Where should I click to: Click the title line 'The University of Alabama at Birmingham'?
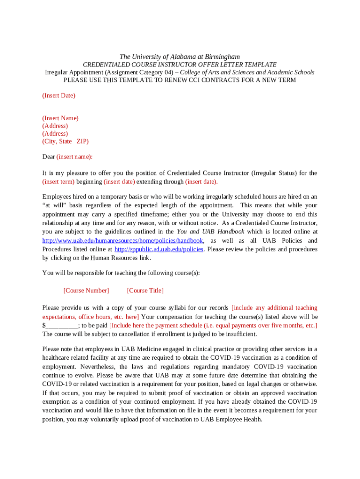point(180,57)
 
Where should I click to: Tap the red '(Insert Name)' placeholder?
point(60,118)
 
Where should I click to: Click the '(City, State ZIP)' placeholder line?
point(65,141)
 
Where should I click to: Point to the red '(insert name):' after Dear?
point(74,157)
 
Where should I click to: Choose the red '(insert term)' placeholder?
point(58,182)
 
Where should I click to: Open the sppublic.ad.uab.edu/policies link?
point(158,249)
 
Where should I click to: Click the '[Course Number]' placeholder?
point(86,290)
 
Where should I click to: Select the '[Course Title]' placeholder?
point(145,290)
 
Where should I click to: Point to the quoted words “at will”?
point(53,205)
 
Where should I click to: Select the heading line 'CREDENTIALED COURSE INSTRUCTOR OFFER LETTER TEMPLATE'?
point(180,65)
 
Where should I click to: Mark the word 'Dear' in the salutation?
point(49,157)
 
